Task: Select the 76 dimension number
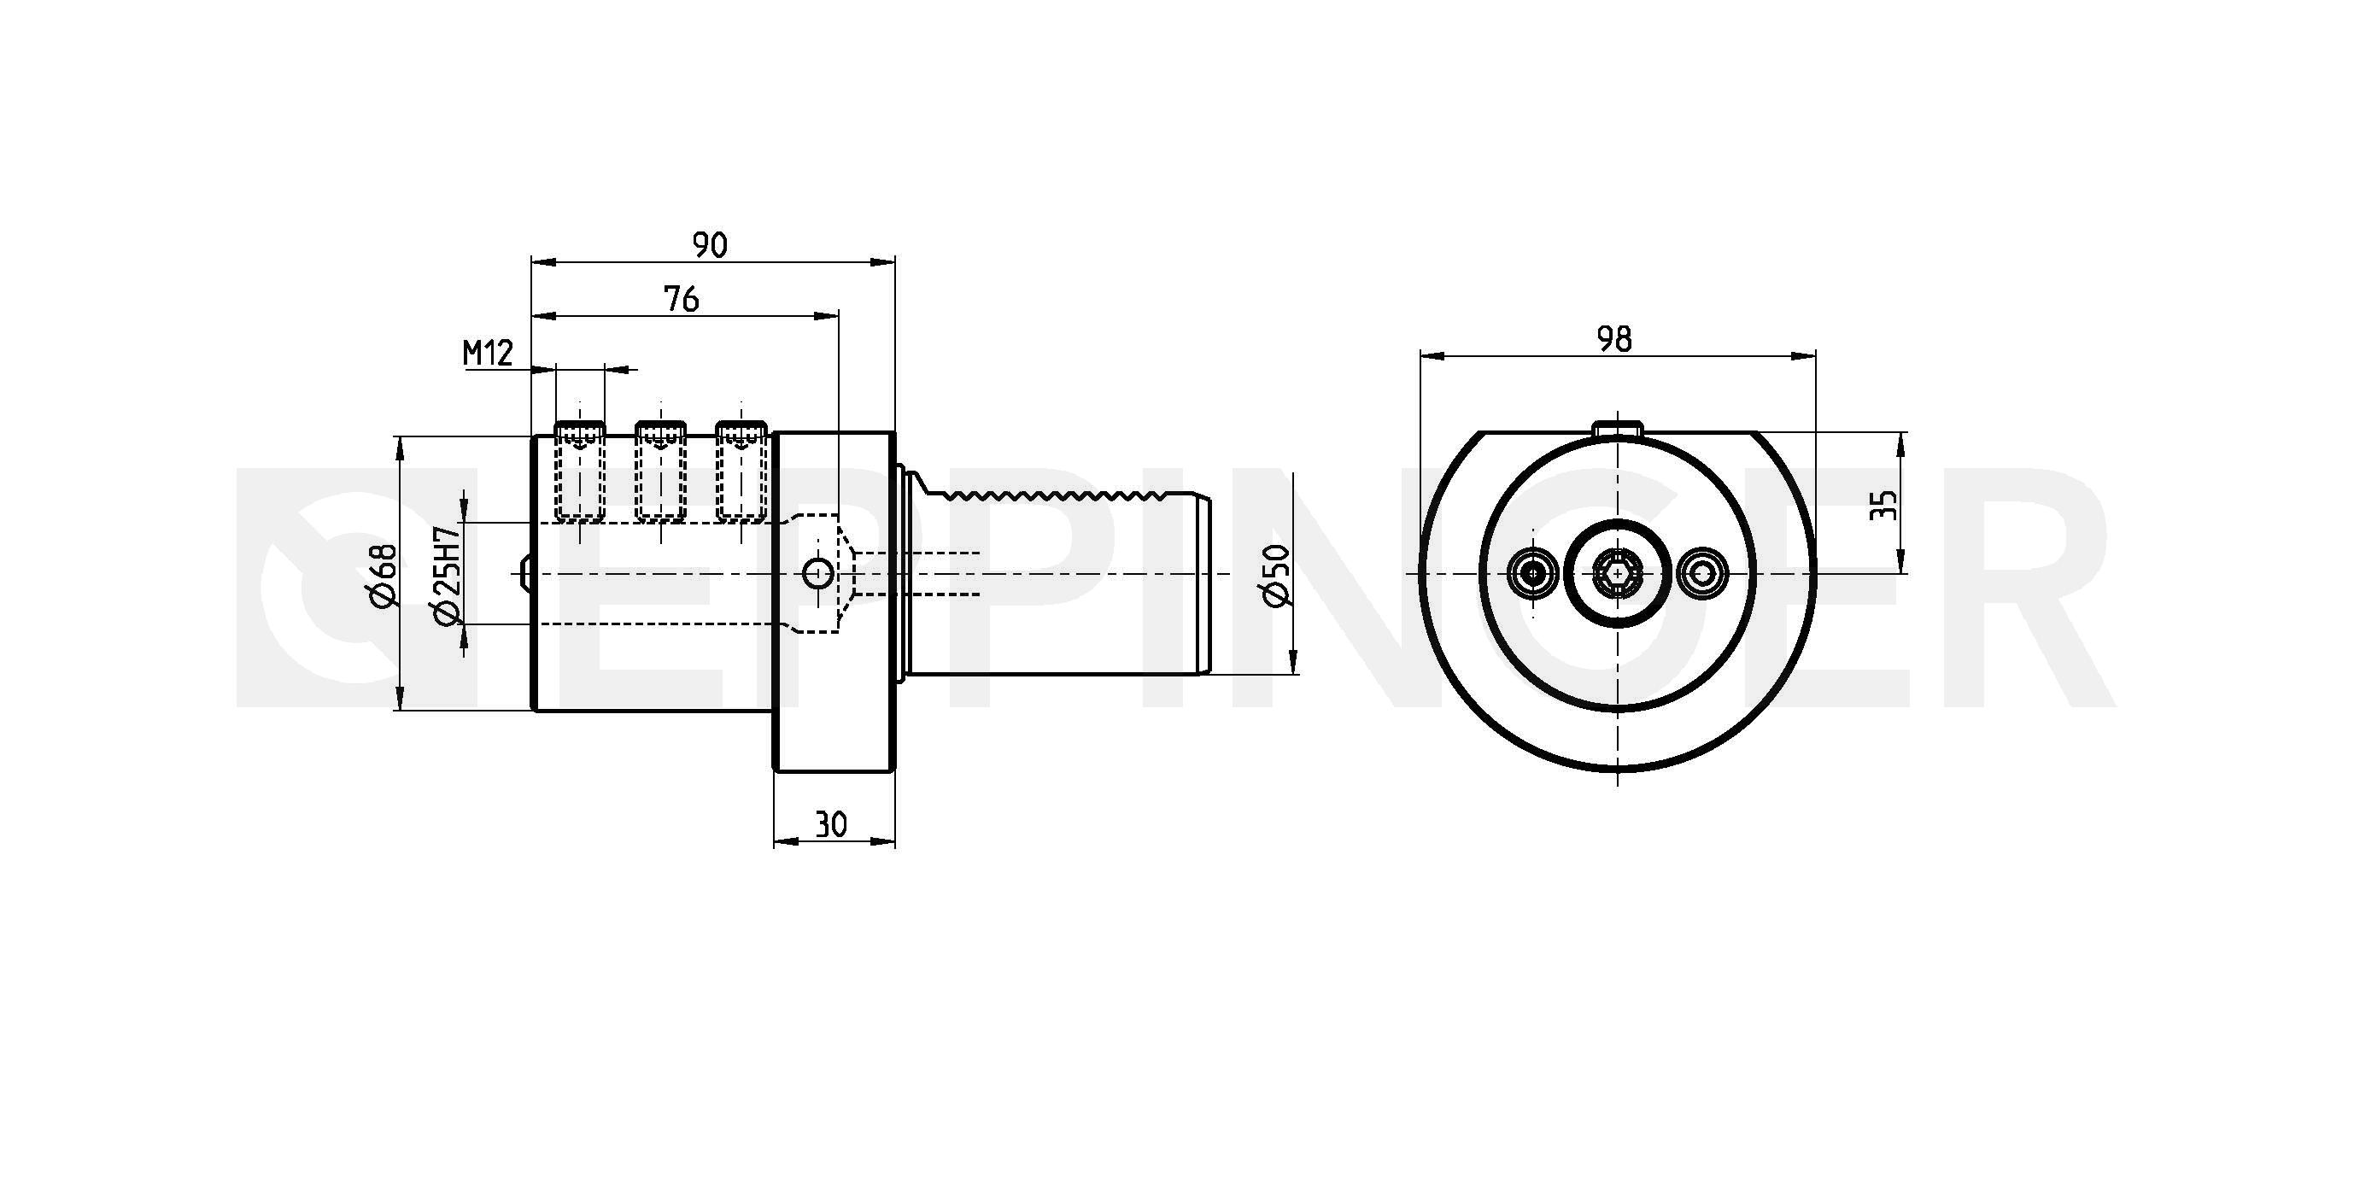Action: pos(682,299)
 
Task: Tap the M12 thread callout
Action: pos(488,352)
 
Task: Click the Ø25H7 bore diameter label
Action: pos(446,576)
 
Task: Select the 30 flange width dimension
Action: pos(831,824)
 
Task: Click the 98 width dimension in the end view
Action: pos(1613,339)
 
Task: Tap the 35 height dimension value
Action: pos(1883,505)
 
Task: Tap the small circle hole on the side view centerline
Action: pos(817,574)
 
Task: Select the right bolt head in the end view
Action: pos(1701,574)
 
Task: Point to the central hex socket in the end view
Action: pos(1618,574)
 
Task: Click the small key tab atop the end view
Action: pos(1618,428)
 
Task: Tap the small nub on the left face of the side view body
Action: pos(525,574)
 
